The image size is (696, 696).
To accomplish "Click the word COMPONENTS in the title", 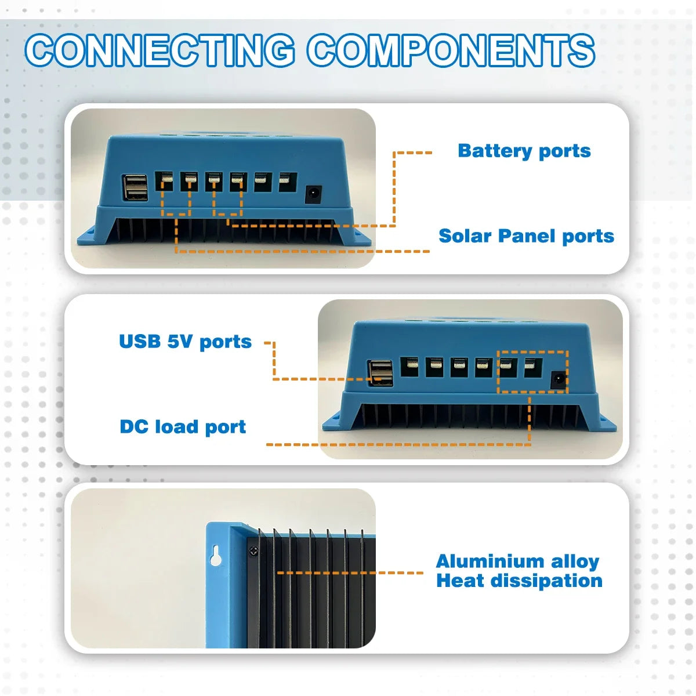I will point(451,50).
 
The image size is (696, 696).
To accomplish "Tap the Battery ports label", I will point(524,151).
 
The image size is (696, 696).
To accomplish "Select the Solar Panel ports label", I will point(526,236).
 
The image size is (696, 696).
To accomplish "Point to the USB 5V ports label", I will point(185,342).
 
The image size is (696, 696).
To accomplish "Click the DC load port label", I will point(183,427).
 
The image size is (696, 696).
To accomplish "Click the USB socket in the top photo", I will point(135,187).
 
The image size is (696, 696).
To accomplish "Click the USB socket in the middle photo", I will point(380,373).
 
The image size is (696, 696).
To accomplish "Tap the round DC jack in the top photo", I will point(314,194).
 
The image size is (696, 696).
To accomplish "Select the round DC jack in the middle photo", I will point(558,380).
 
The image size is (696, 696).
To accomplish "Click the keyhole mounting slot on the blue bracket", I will point(216,555).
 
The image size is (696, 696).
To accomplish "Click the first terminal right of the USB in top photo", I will point(166,182).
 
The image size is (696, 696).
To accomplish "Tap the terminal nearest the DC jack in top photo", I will point(285,182).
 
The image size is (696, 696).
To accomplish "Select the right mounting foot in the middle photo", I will point(604,422).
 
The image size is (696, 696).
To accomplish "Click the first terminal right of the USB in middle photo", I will point(409,367).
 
